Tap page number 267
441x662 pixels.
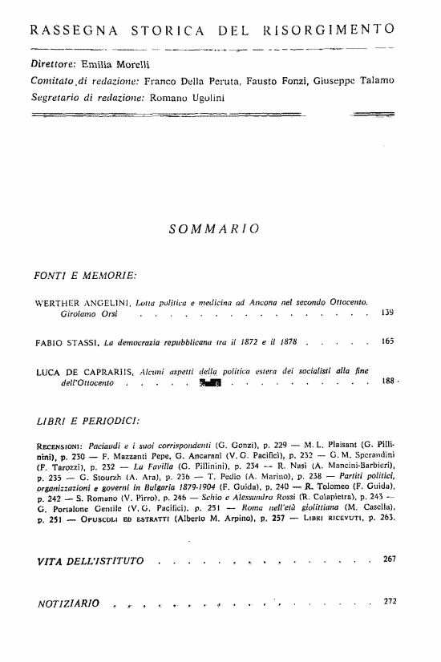(x=390, y=558)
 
